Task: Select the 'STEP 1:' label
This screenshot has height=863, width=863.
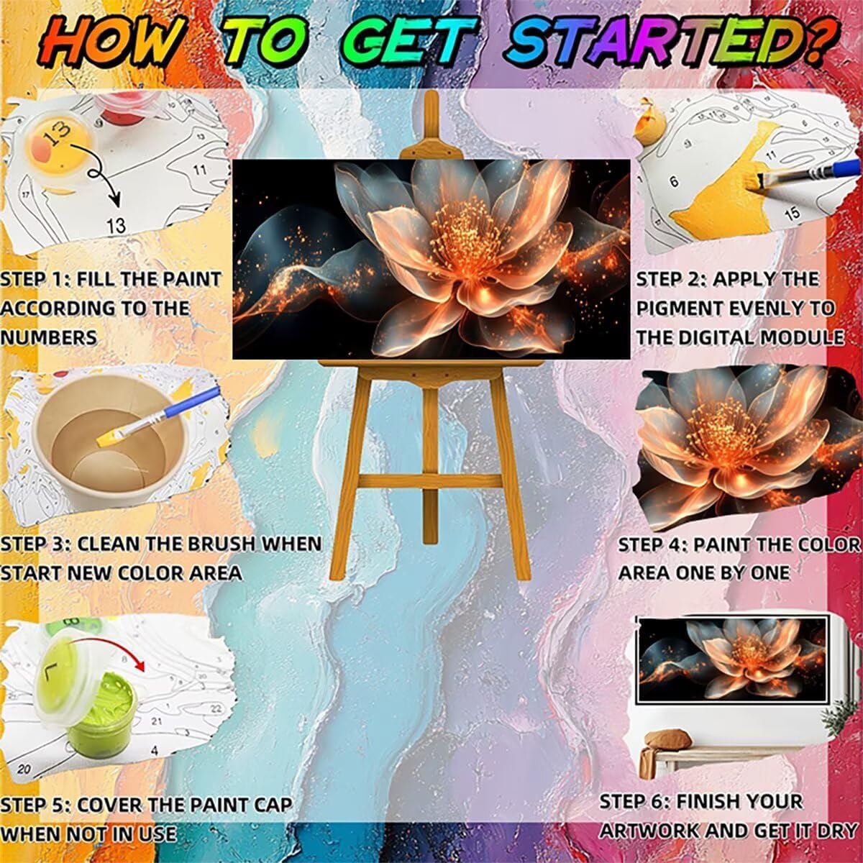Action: coord(35,279)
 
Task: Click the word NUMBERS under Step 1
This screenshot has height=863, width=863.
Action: coord(48,337)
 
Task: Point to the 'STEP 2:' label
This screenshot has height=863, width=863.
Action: coord(670,279)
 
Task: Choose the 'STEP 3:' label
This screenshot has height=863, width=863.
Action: coord(35,544)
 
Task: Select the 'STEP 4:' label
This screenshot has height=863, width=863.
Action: coord(652,544)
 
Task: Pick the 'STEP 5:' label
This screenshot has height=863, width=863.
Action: coord(35,793)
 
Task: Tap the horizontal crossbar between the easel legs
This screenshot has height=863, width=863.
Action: coord(430,481)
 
